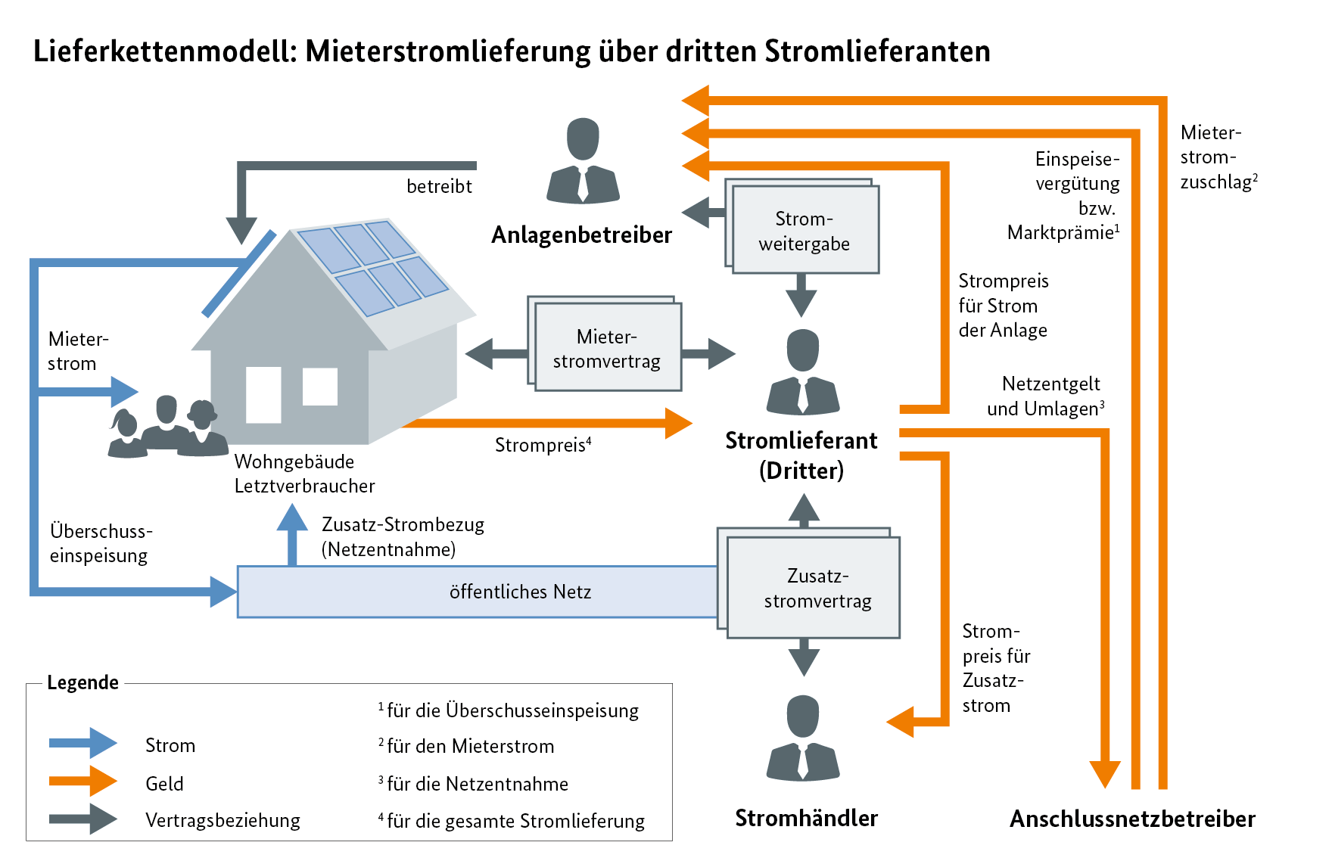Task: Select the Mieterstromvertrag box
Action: pyautogui.click(x=607, y=348)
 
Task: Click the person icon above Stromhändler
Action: pyautogui.click(x=803, y=738)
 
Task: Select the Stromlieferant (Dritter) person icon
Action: pyautogui.click(x=802, y=372)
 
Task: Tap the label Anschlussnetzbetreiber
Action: pyautogui.click(x=1132, y=819)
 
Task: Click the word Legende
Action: pyautogui.click(x=82, y=682)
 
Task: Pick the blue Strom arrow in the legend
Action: pyautogui.click(x=82, y=743)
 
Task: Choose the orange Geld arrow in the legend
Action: pyautogui.click(x=82, y=782)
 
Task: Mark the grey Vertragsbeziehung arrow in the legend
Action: pyautogui.click(x=82, y=819)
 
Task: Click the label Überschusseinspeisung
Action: pyautogui.click(x=101, y=543)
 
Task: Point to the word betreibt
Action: pyautogui.click(x=439, y=186)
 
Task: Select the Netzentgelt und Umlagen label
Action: pyautogui.click(x=1048, y=396)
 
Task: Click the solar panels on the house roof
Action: pyautogui.click(x=373, y=266)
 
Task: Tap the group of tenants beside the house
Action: pyautogui.click(x=168, y=427)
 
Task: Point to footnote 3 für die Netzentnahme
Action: pyautogui.click(x=475, y=784)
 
